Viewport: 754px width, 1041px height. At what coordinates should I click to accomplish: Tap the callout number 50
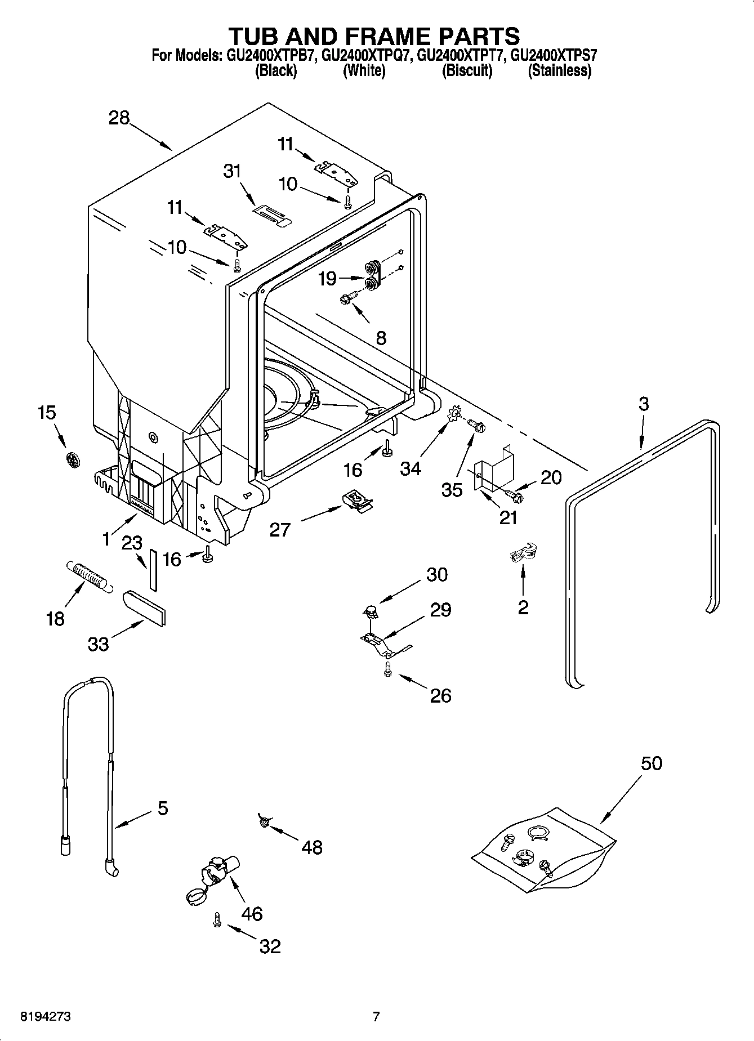(x=651, y=763)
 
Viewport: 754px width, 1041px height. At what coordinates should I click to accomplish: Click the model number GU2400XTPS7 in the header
(x=554, y=55)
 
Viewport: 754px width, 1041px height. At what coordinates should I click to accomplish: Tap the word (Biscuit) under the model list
(x=467, y=71)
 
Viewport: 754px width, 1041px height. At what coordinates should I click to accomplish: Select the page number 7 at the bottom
(x=376, y=1017)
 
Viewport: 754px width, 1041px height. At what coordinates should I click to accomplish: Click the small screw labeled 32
(x=216, y=919)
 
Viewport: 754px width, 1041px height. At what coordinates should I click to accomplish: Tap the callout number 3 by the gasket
(x=644, y=404)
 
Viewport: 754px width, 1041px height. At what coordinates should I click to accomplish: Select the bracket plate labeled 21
(x=493, y=467)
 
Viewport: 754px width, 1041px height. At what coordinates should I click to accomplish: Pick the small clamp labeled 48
(x=263, y=821)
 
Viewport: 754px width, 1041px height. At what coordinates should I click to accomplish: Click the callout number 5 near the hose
(x=162, y=808)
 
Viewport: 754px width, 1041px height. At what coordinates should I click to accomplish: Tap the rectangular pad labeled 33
(x=144, y=607)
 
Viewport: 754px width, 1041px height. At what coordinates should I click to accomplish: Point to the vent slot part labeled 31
(x=271, y=215)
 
